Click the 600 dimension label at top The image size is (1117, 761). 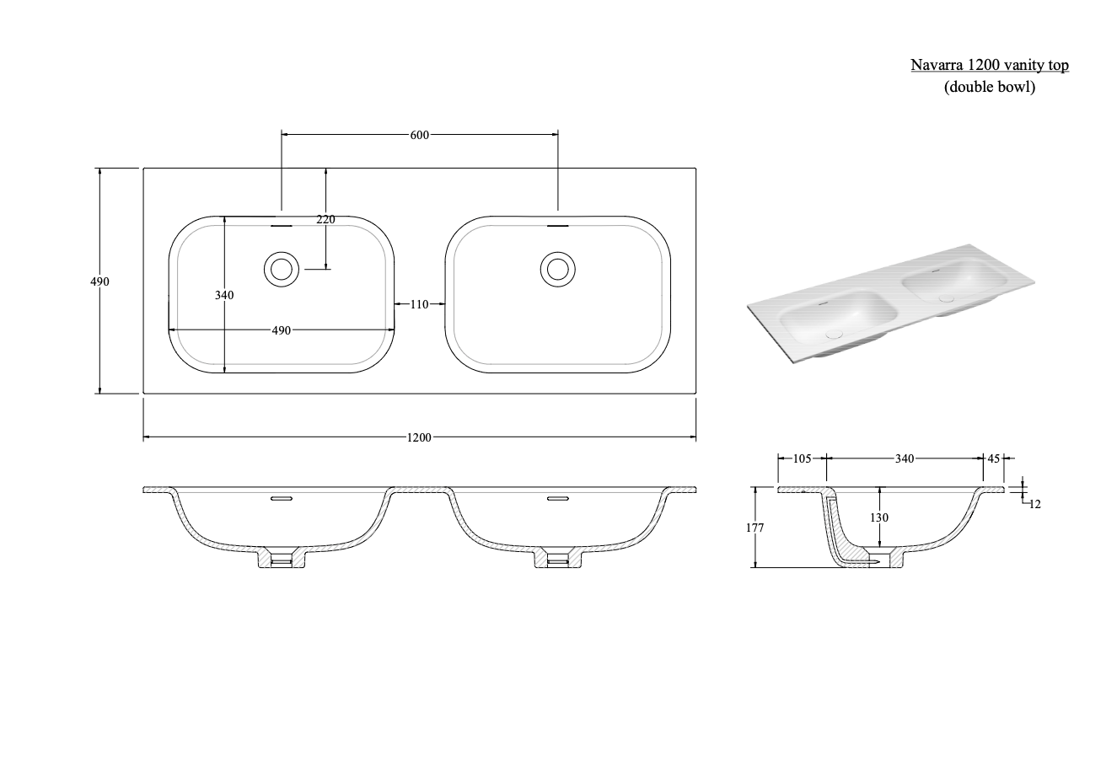coord(420,134)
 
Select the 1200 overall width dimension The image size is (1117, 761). coord(419,437)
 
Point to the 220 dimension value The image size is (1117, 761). coord(325,219)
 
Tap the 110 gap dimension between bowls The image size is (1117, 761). coord(420,304)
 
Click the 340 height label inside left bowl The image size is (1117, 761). coord(224,295)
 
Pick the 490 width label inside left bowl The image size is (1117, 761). coord(281,330)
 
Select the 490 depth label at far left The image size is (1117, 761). coord(99,281)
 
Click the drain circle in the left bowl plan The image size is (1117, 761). coord(281,269)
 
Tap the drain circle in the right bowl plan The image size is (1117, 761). coord(557,269)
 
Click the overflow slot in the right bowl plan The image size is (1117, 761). coord(557,226)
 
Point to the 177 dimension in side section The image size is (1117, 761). coord(755,528)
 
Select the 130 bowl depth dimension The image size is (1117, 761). coord(879,517)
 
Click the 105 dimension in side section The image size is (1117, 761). coord(802,458)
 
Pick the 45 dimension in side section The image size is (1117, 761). coord(993,458)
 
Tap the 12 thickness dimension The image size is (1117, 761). coord(1035,504)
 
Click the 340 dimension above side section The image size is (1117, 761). coord(904,458)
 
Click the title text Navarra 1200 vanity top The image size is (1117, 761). coord(989,65)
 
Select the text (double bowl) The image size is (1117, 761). coord(989,86)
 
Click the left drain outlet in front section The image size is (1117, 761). coord(281,559)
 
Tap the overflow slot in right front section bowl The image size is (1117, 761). coord(557,499)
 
